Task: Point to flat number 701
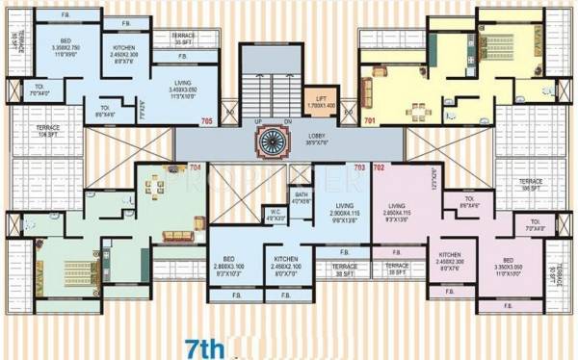tap(370, 121)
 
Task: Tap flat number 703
tap(359, 168)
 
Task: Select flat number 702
tap(379, 168)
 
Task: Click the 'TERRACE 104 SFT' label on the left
tap(49, 131)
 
